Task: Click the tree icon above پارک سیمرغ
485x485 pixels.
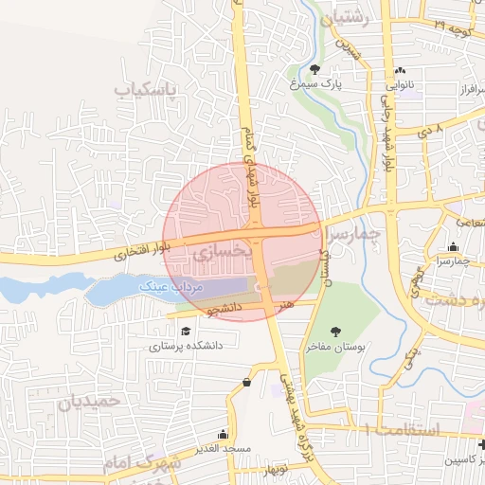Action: [315, 68]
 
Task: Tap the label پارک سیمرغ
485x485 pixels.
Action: [315, 84]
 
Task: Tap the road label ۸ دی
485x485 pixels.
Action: [431, 126]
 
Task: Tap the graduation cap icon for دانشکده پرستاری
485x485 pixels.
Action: [186, 331]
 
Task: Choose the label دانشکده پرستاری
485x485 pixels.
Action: [186, 347]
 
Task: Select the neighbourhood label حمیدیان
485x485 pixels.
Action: [91, 402]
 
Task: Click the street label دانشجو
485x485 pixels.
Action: [225, 309]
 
